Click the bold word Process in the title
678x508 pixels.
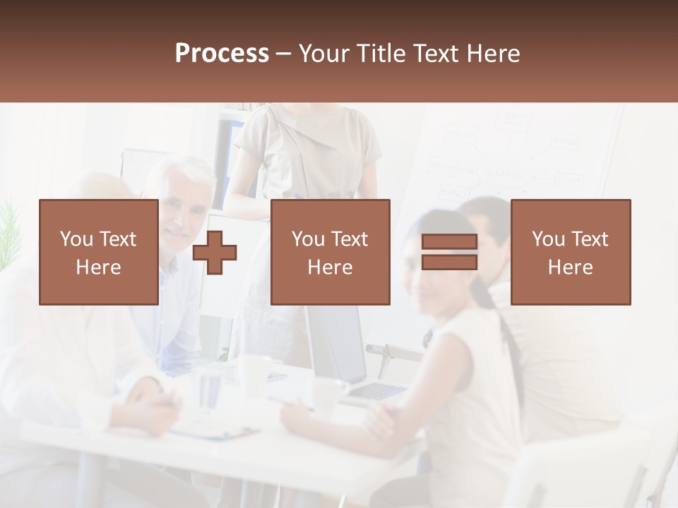[x=222, y=54]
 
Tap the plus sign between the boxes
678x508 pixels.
[x=215, y=253]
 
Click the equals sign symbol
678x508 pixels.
[x=449, y=252]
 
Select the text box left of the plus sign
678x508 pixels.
[x=99, y=252]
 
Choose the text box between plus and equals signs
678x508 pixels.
[x=330, y=252]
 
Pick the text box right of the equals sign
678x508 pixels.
[x=570, y=252]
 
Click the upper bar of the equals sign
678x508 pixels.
[x=449, y=243]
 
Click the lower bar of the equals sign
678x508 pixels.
[x=449, y=262]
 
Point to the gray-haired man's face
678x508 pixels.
[x=182, y=208]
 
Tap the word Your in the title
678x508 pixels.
[x=325, y=54]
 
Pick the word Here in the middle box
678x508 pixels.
[x=330, y=267]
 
